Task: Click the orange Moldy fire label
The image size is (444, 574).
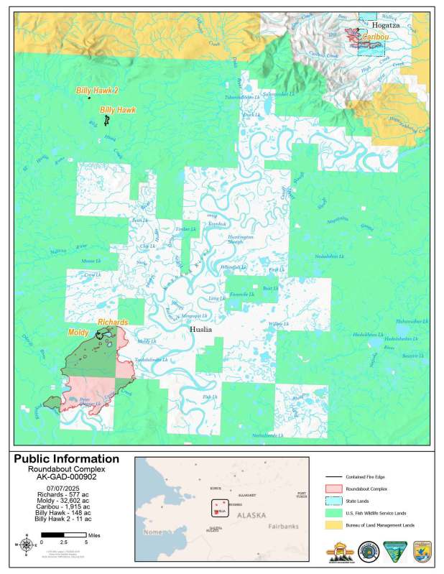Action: (78, 333)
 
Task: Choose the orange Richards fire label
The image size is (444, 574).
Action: (113, 323)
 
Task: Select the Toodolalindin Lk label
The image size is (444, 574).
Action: (151, 359)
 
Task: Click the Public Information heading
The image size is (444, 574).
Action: (66, 459)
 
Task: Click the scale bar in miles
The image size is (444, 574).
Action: (64, 535)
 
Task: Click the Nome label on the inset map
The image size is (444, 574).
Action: (153, 532)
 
